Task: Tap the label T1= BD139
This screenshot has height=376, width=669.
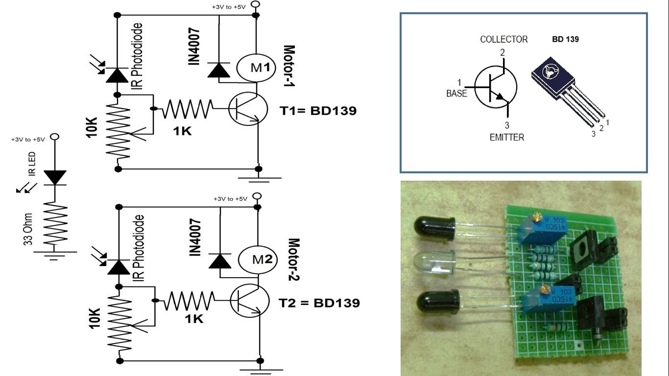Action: click(318, 111)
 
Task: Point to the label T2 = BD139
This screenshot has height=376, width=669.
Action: click(319, 303)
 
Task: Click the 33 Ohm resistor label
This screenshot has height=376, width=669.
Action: click(28, 229)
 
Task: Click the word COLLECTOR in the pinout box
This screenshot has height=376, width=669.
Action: click(503, 39)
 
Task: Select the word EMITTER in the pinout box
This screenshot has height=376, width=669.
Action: click(506, 138)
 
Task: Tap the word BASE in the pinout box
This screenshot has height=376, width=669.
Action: click(456, 93)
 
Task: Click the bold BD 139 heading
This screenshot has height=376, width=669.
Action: click(565, 39)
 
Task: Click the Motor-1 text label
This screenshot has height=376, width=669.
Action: click(289, 67)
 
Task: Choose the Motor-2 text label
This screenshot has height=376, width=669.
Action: click(293, 259)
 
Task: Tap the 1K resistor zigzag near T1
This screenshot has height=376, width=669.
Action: click(188, 109)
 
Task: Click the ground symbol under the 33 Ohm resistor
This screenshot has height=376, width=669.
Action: click(54, 254)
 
